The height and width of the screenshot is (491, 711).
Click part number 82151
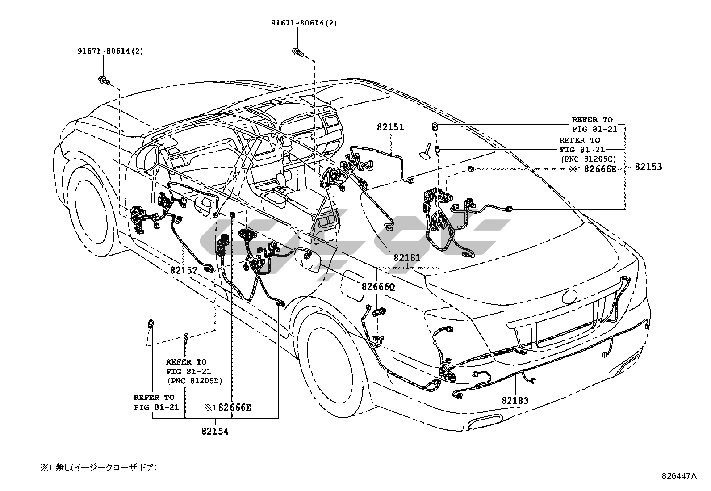click(390, 127)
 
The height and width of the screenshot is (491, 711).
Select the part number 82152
click(184, 270)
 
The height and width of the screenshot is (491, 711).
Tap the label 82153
click(648, 167)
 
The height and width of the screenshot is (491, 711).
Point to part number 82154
click(215, 431)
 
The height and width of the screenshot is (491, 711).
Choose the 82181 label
click(407, 257)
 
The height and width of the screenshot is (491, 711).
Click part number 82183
click(515, 400)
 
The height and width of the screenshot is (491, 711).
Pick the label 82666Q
click(378, 287)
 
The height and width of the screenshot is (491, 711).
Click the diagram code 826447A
click(679, 476)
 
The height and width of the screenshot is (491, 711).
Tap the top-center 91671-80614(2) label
click(304, 23)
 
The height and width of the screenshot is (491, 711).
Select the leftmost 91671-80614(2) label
click(110, 51)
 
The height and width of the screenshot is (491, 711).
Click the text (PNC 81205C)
click(588, 159)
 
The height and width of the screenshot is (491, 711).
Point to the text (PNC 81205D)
click(195, 381)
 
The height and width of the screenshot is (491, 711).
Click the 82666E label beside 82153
click(600, 169)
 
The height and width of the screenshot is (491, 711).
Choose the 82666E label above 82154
click(234, 407)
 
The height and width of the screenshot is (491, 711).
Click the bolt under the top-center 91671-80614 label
click(297, 53)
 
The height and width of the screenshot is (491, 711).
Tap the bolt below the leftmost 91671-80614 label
click(105, 81)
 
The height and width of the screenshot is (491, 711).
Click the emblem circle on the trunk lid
click(569, 297)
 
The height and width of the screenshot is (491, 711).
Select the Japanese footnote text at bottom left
click(98, 467)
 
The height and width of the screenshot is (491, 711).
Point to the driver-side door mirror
click(148, 158)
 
